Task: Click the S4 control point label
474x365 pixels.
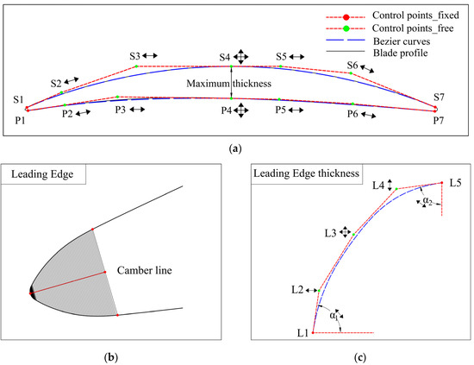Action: point(226,56)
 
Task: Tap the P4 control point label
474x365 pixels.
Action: point(226,110)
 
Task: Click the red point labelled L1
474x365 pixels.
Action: point(313,332)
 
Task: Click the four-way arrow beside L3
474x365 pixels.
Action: point(345,231)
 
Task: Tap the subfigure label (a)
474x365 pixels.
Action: point(236,148)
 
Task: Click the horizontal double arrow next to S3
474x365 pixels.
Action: point(150,55)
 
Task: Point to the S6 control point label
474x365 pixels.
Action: point(352,65)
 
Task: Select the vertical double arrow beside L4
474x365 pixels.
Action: point(390,184)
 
